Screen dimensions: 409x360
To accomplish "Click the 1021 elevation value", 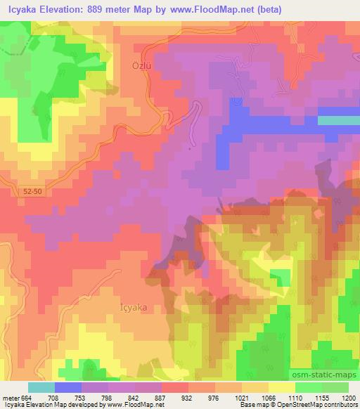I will [233, 397].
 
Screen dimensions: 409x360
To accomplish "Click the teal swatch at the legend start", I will [41, 387].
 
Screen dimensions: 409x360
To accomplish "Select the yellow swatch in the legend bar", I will [281, 387].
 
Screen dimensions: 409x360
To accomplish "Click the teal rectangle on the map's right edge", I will [338, 120].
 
